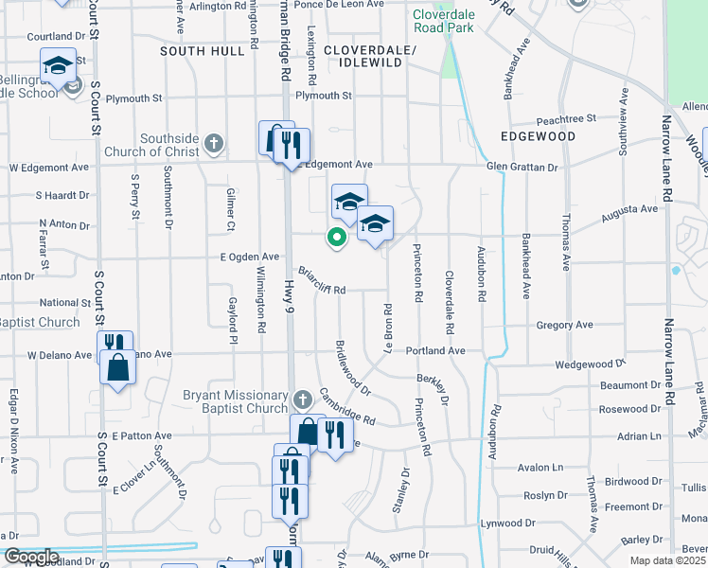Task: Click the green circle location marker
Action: coord(335,238)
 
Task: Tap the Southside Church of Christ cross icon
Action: coord(215,144)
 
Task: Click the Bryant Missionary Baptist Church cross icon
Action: coord(302,400)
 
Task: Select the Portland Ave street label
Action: coord(436,350)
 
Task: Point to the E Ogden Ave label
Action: coord(250,257)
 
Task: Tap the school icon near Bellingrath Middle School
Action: coord(59,65)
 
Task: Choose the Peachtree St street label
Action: coord(565,120)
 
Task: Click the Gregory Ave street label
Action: coord(564,325)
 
